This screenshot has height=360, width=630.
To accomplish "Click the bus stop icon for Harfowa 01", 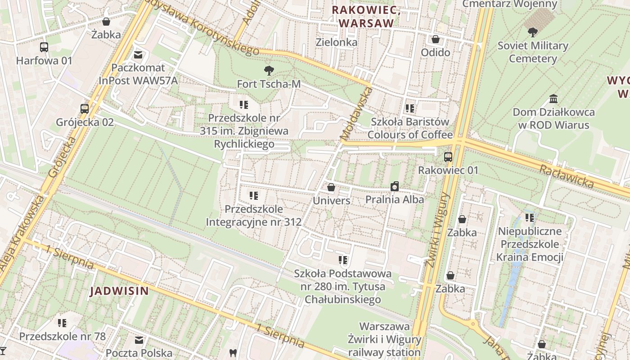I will [x=44, y=47].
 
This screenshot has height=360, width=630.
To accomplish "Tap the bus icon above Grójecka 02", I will [x=85, y=108].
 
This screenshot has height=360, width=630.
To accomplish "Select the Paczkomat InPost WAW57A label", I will [x=138, y=74].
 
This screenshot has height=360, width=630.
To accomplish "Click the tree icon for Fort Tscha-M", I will [x=269, y=70].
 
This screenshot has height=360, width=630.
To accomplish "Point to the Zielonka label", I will [x=337, y=42].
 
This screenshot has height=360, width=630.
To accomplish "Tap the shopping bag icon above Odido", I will [x=435, y=39].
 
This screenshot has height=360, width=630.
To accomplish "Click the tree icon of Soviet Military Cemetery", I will [x=533, y=32].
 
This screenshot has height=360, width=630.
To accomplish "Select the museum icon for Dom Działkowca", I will [x=553, y=99].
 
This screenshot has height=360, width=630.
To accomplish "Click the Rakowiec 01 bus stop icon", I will [x=448, y=157].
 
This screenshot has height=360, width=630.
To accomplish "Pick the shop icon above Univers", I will [x=331, y=187].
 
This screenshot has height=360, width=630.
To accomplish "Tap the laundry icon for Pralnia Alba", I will [x=395, y=186].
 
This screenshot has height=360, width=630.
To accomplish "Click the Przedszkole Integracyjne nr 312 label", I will [x=253, y=216].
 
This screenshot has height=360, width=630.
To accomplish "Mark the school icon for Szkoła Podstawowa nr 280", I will [x=343, y=260].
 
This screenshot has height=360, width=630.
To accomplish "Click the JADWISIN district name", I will [x=119, y=291].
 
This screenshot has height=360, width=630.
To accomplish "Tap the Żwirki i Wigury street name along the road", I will [x=437, y=229].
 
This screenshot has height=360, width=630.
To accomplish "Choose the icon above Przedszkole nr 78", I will [x=62, y=323].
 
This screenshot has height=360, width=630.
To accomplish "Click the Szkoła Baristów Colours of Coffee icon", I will [x=409, y=108].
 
